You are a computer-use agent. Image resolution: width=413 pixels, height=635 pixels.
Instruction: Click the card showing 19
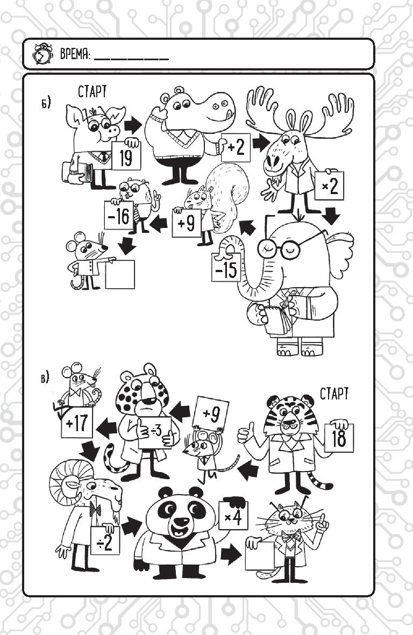(x=126, y=155)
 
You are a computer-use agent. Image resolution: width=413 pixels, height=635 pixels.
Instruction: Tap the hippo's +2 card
(x=236, y=147)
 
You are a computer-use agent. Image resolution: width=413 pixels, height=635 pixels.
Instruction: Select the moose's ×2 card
(x=329, y=186)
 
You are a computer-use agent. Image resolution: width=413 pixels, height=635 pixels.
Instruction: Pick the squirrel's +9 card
(x=186, y=223)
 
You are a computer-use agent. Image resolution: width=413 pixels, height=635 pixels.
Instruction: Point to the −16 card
(x=118, y=216)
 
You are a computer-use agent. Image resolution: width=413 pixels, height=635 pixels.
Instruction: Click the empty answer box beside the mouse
(x=120, y=274)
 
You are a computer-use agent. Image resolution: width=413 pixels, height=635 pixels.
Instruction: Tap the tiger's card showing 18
(x=339, y=438)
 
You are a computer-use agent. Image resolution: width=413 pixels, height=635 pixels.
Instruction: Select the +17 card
(x=76, y=423)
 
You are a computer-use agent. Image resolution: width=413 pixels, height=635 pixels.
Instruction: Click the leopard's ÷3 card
(x=155, y=432)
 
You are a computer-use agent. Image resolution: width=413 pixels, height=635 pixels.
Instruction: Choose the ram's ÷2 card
(x=105, y=541)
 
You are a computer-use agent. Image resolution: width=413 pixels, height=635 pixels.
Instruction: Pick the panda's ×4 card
(x=233, y=517)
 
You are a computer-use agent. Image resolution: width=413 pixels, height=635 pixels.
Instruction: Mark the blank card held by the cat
(x=260, y=555)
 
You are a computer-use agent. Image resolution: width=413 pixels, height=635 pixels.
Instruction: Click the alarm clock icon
(x=42, y=54)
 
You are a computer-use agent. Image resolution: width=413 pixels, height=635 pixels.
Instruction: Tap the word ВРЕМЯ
(x=75, y=54)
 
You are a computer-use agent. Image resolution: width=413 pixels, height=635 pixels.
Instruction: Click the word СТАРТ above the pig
(x=92, y=91)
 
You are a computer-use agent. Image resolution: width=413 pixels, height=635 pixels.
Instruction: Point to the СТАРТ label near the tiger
(x=334, y=394)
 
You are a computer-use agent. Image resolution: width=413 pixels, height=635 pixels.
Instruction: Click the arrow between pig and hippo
(x=133, y=125)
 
